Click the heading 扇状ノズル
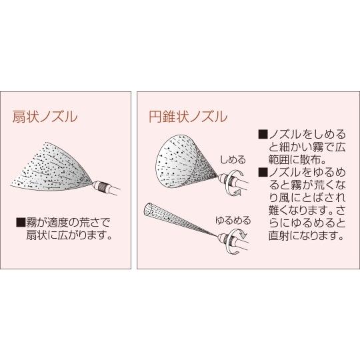click(x=45, y=117)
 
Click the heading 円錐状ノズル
click(x=187, y=117)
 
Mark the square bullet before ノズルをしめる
click(x=262, y=135)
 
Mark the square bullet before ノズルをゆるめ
click(x=262, y=172)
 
